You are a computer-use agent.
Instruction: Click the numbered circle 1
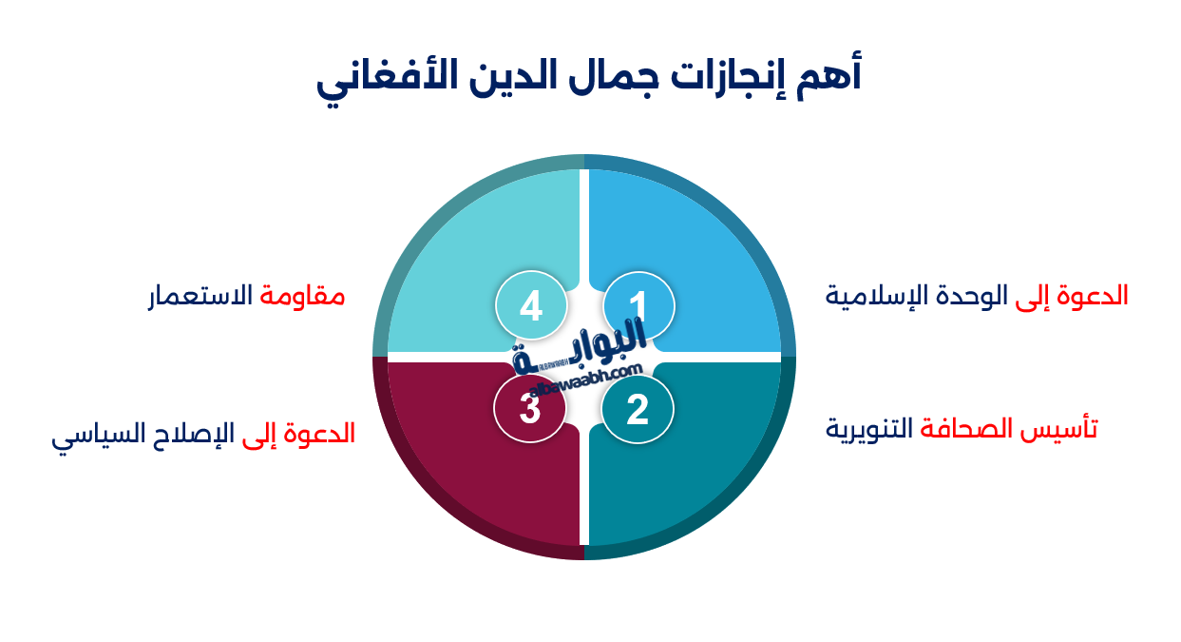pyautogui.click(x=638, y=305)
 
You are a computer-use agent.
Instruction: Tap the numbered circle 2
pyautogui.click(x=638, y=410)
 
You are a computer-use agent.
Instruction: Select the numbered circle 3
pyautogui.click(x=530, y=409)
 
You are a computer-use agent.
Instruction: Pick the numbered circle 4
pyautogui.click(x=531, y=306)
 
